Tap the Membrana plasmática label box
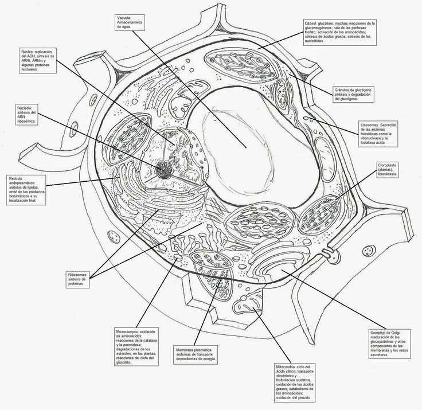pos(194,354)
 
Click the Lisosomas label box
pos(382,133)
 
